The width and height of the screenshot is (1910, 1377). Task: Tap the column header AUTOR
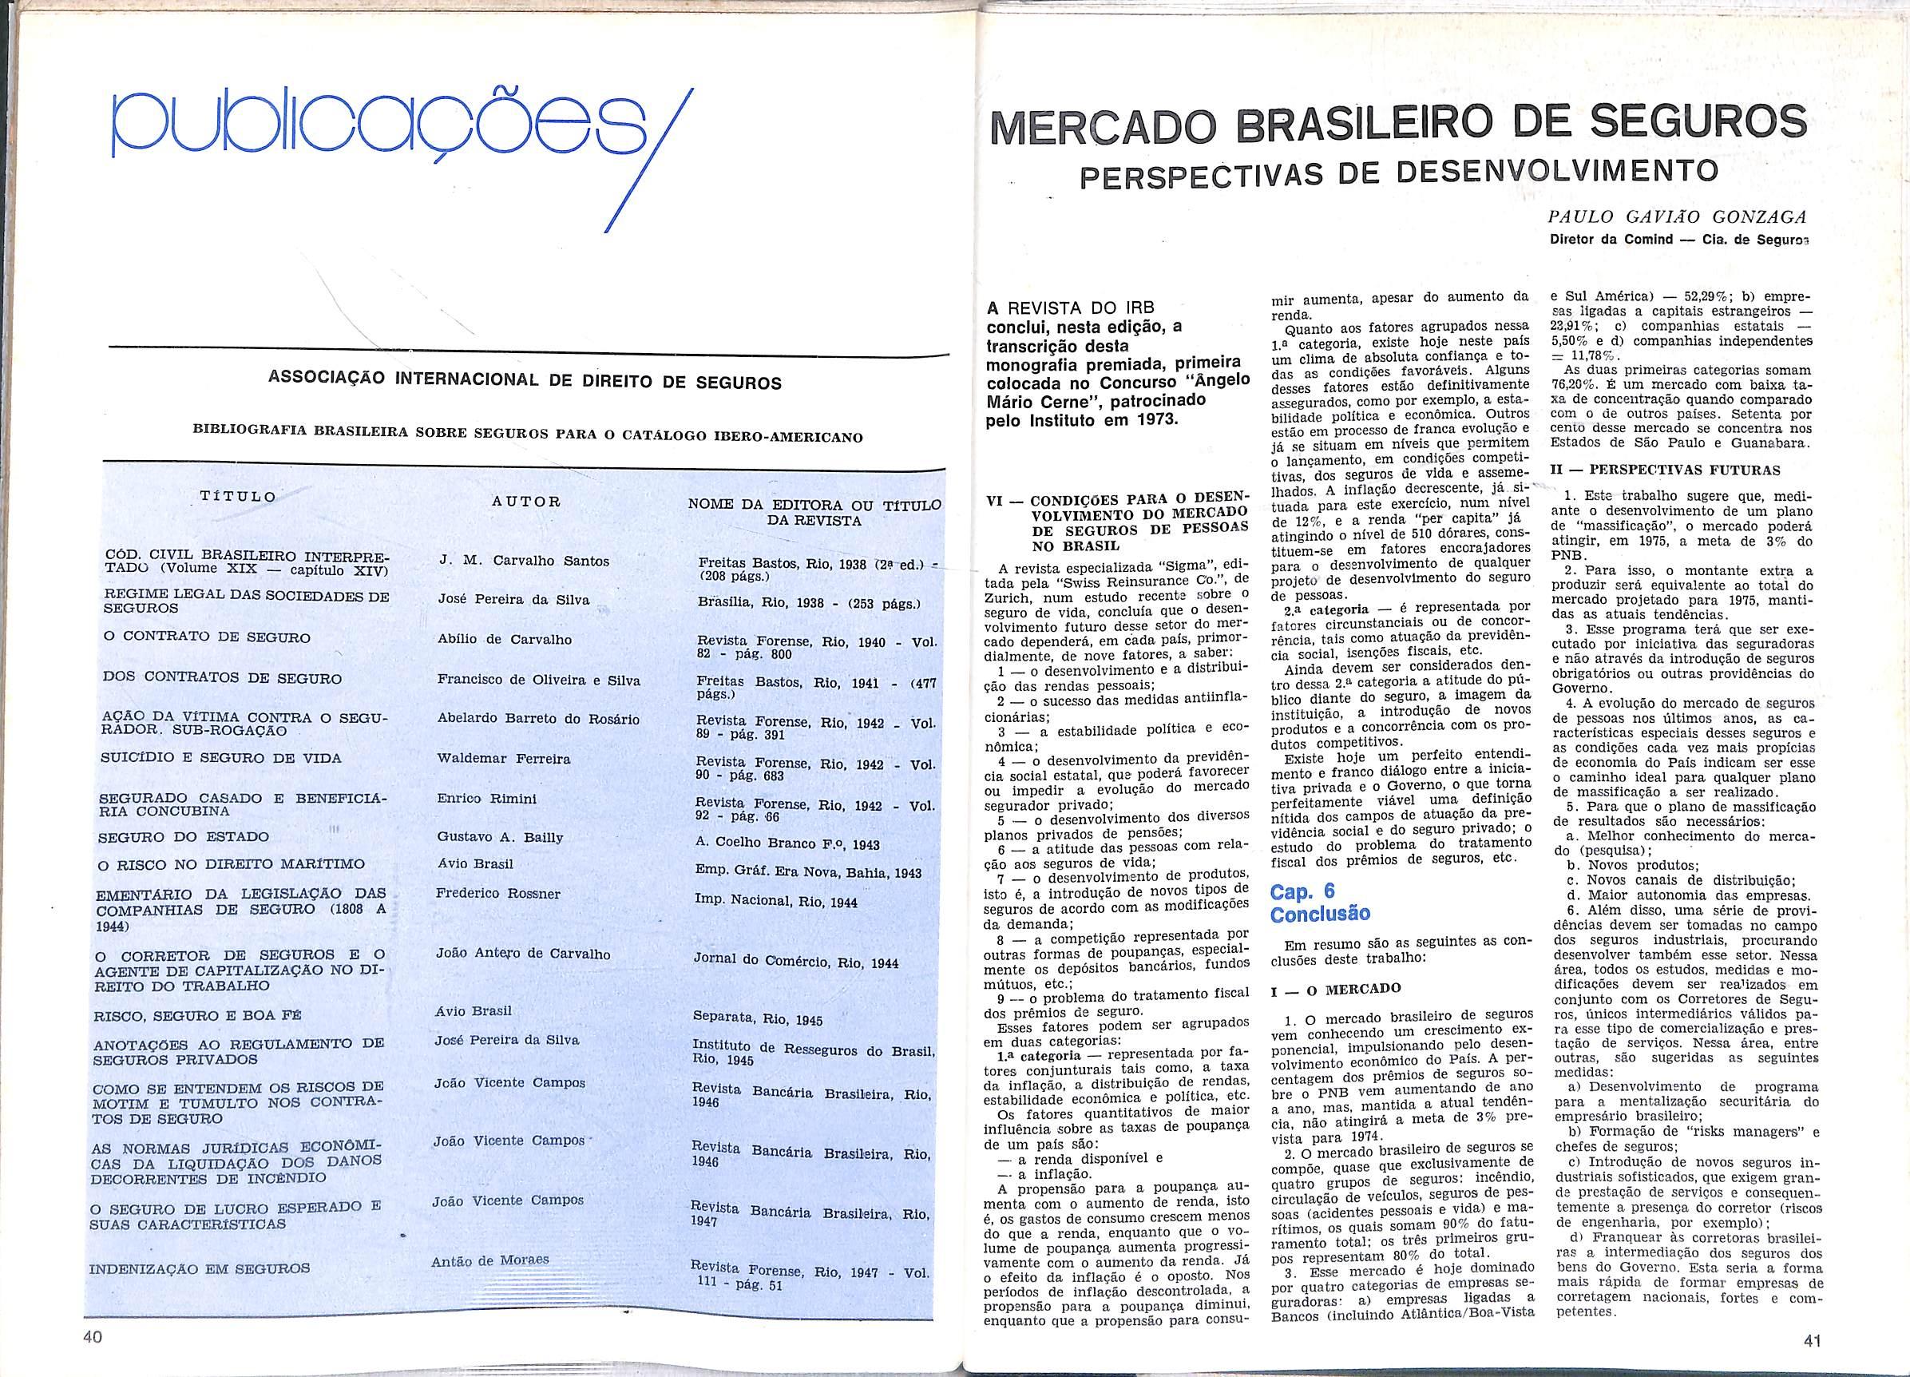point(525,502)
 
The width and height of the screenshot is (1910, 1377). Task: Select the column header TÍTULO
point(237,496)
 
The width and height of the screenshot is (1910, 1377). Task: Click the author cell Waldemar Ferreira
point(504,759)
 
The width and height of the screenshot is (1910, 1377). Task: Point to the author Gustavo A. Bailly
point(500,837)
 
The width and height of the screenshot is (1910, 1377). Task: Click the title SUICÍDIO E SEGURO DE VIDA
point(220,758)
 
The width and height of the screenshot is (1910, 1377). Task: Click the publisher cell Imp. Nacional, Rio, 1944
point(775,901)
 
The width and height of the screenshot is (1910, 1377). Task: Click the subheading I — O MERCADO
point(1336,988)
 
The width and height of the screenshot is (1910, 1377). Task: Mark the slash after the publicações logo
point(648,159)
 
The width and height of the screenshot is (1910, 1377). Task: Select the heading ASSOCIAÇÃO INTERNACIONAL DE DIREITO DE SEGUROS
point(525,382)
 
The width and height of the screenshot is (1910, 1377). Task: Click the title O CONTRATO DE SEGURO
point(206,637)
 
